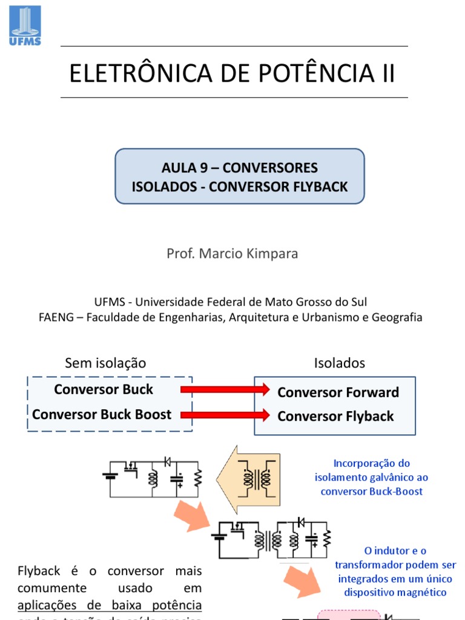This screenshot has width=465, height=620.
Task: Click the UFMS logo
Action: (x=25, y=25)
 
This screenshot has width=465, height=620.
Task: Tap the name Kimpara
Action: (x=271, y=254)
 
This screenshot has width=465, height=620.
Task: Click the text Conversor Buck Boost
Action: (x=102, y=415)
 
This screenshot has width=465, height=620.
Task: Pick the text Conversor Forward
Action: (x=338, y=392)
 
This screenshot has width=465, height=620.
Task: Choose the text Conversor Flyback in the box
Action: (x=335, y=417)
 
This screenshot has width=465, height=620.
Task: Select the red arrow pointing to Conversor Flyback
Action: (x=225, y=415)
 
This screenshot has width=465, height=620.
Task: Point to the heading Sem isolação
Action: (x=105, y=363)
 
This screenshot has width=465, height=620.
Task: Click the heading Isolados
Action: (x=339, y=363)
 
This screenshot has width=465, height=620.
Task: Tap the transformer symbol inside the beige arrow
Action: (x=257, y=478)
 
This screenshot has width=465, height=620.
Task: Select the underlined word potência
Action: (x=176, y=605)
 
